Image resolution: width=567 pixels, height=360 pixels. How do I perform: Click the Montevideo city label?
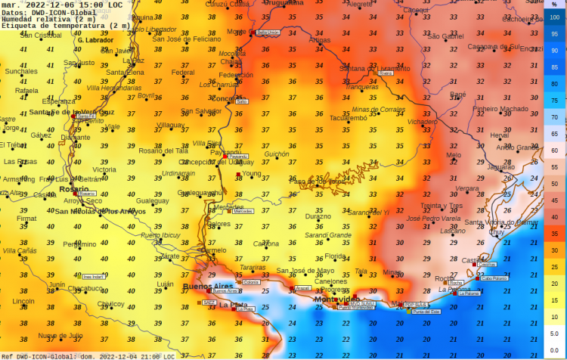[x=336, y=299]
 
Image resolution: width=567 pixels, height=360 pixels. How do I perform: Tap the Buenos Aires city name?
[x=207, y=287]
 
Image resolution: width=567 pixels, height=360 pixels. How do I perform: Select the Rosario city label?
[x=73, y=189]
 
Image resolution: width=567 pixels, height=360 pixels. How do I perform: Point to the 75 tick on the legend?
[x=554, y=101]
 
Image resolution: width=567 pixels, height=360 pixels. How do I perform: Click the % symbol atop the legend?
[x=554, y=5]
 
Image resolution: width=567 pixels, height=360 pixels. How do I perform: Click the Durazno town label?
[x=318, y=216]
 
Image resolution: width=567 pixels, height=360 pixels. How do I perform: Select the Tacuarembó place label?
[x=349, y=117]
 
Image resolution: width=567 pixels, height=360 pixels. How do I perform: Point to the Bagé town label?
[x=458, y=95]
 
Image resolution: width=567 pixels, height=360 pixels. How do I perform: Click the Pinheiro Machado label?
[x=501, y=108]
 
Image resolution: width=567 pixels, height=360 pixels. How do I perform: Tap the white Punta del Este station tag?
[x=426, y=312]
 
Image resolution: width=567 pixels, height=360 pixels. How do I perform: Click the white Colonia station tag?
[x=251, y=282]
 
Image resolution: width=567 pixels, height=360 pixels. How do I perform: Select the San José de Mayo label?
[x=305, y=271]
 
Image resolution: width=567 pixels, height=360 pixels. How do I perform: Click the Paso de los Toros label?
[x=318, y=181]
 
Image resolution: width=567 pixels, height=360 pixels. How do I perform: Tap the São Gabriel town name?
[x=446, y=36]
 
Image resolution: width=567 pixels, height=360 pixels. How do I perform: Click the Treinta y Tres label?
[x=442, y=205]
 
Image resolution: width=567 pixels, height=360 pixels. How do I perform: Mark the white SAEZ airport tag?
[x=209, y=302]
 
